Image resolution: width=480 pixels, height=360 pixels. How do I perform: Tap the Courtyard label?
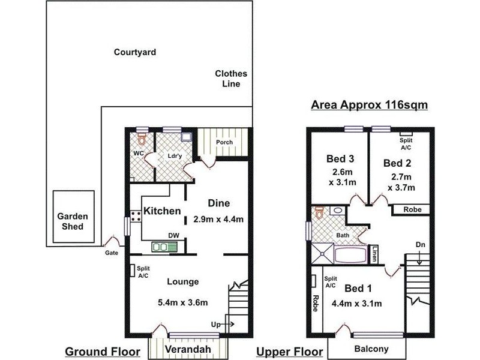coord(135,52)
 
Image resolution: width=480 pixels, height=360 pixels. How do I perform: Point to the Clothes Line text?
coord(231,79)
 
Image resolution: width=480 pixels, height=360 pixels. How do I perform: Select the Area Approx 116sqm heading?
coord(368,105)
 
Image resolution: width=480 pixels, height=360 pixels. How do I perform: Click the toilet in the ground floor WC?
coord(142,139)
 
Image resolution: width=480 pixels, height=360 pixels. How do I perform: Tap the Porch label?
coord(224,142)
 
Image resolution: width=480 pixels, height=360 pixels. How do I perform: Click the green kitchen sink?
coord(161,246)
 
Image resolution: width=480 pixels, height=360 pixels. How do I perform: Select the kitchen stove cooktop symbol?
coord(135,216)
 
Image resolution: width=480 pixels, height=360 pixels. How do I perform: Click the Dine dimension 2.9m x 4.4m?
coord(218,219)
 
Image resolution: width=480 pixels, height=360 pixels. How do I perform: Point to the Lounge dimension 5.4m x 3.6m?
coord(182,302)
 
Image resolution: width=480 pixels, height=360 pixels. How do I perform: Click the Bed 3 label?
coord(340,159)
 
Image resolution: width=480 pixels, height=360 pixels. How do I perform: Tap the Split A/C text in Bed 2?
coord(406,143)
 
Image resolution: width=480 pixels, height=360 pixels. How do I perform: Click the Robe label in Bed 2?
coord(412,209)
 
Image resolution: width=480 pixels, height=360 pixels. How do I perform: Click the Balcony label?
coord(371,349)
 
